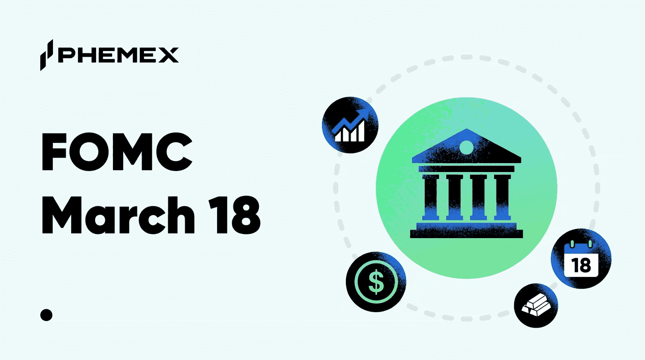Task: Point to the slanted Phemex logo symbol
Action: (x=47, y=55)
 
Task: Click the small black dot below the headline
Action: (x=46, y=315)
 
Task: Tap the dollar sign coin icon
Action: (x=376, y=281)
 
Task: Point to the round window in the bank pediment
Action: (x=466, y=147)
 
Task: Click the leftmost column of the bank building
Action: (x=430, y=197)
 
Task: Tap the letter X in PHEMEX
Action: (x=167, y=55)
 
